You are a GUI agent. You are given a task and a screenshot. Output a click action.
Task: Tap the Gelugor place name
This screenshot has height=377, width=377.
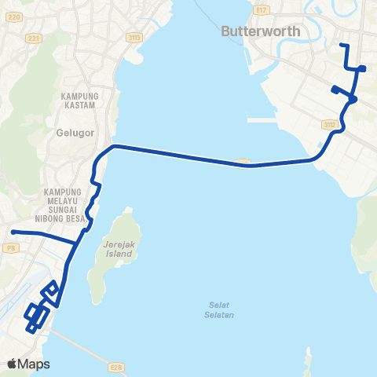(x=75, y=133)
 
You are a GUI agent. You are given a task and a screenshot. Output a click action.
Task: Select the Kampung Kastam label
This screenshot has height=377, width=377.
(x=77, y=100)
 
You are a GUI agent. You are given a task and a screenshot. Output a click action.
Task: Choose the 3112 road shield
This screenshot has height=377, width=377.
(x=329, y=123)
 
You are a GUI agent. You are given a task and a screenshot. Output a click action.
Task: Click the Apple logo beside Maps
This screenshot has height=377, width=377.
(x=13, y=364)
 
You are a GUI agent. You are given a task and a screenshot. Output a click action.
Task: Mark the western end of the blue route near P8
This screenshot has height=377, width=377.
(x=13, y=232)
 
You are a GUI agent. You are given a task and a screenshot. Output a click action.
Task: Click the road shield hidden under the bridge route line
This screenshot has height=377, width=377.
(x=243, y=163)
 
